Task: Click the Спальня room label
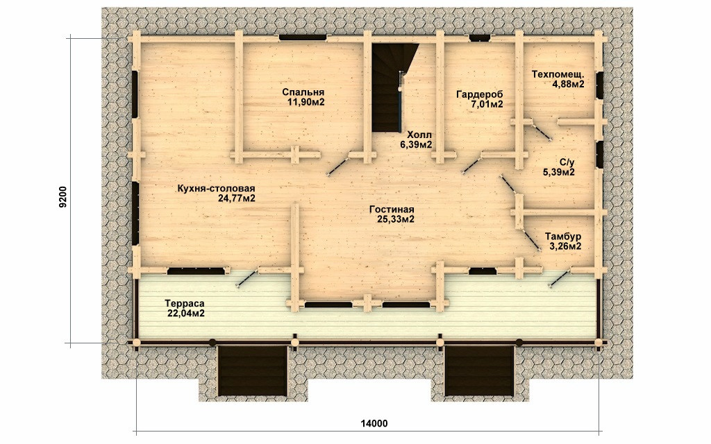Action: coord(303,92)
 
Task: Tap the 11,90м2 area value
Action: coord(306,102)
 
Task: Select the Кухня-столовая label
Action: coord(217,189)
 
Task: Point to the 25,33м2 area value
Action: coord(395,219)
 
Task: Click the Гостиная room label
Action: coord(392,210)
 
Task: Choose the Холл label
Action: coord(419,135)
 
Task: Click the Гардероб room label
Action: coord(480,94)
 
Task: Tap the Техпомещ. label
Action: coord(558,74)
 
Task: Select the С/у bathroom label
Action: coord(567,162)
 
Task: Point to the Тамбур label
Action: coord(563,237)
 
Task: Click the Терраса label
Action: coord(185,303)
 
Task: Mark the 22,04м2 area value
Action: coord(186,313)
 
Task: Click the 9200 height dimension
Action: coord(63,196)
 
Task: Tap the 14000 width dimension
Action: coord(374,424)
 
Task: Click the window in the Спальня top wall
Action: coord(303,37)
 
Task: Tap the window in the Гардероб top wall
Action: coord(479,38)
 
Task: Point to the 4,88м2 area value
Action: coord(568,84)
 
